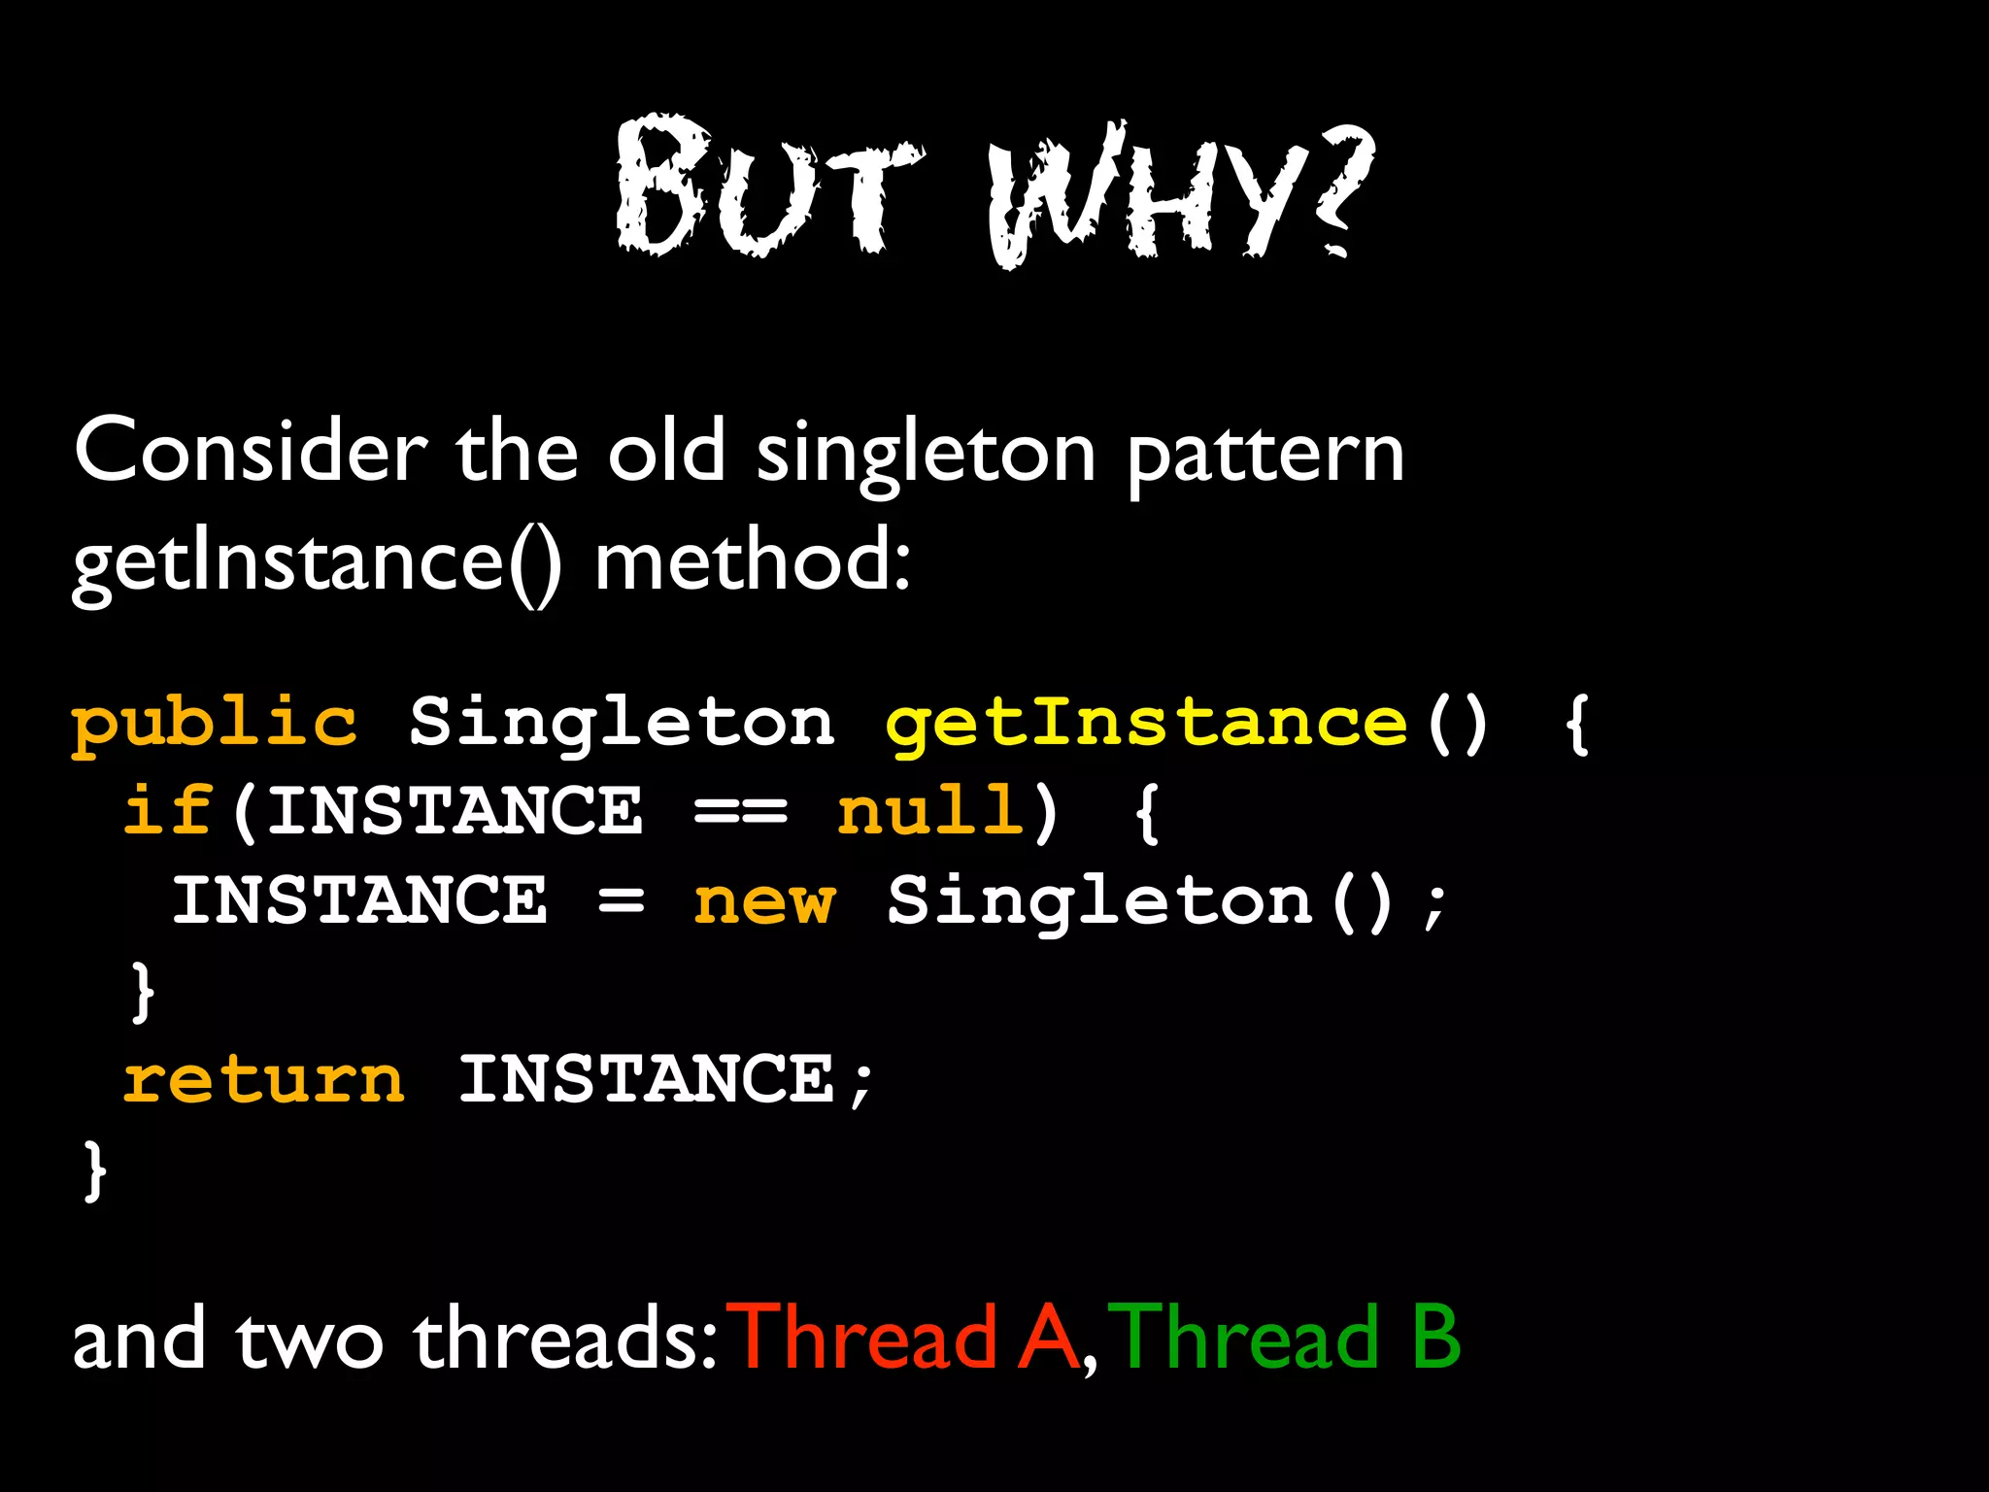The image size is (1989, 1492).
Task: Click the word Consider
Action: coord(251,452)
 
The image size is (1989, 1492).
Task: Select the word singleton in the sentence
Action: coord(926,455)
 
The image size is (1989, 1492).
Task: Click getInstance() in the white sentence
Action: coord(317,563)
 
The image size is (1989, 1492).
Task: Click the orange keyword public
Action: coord(215,725)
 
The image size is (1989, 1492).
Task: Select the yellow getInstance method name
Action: coord(1146,725)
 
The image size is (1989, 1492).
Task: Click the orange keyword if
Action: coord(167,810)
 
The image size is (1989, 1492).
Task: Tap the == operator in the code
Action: coord(741,812)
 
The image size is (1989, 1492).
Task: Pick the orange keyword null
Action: coord(929,810)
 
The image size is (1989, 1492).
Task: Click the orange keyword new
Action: coord(763,902)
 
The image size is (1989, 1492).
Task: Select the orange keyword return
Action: coord(263,1080)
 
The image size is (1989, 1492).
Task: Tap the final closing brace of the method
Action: coord(94,1170)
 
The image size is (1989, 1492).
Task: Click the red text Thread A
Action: coord(905,1339)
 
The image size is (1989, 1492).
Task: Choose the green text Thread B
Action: coord(1284,1339)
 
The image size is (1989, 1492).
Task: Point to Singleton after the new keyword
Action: coord(1100,902)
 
